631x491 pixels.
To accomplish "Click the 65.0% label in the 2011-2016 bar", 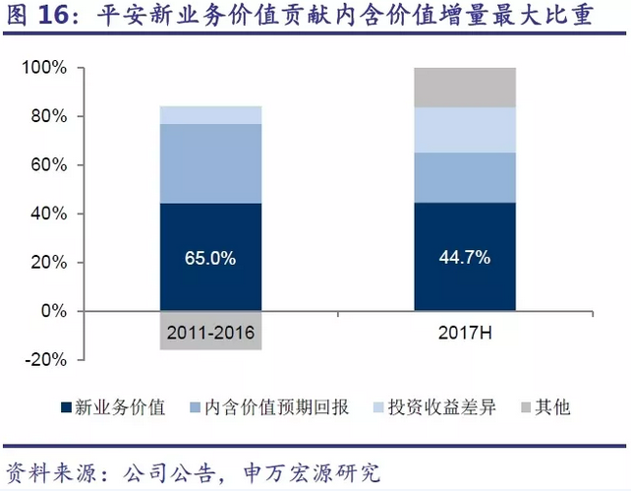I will [209, 258].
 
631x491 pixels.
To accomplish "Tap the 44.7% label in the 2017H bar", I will [464, 258].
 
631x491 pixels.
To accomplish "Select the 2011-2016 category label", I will [209, 334].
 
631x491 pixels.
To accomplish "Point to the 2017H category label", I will [464, 334].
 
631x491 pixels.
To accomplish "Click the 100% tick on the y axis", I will [43, 68].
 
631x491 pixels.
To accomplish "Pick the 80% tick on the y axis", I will [47, 116].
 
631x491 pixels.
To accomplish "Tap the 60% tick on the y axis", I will [47, 165].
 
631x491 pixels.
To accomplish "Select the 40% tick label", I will [47, 214].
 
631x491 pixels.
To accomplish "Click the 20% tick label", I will [47, 262].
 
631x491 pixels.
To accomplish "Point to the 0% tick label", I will [51, 311].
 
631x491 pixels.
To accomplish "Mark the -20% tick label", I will [44, 359].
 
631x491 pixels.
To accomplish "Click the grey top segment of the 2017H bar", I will [464, 87].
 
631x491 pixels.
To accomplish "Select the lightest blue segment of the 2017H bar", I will [464, 129].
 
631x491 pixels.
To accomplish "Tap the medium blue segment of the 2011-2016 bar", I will [209, 163].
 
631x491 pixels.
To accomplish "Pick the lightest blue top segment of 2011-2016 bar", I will [209, 115].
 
